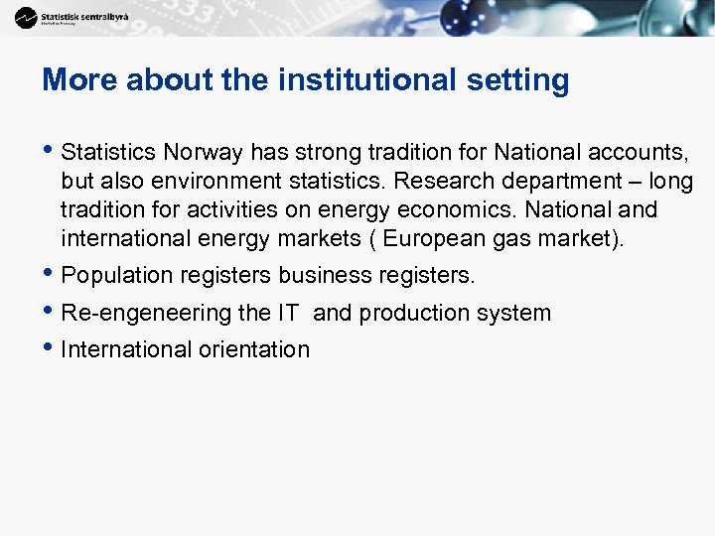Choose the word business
(322, 275)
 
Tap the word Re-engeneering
(146, 313)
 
